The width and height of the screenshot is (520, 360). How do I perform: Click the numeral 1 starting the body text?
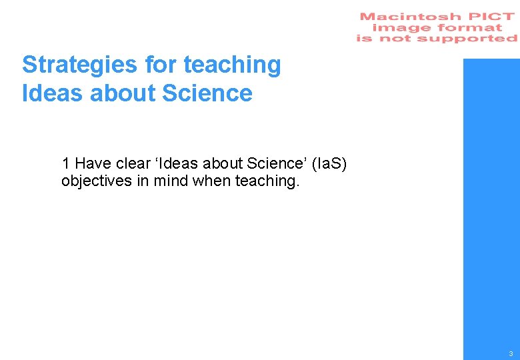[x=66, y=163]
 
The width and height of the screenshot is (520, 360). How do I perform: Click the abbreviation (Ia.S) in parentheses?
[x=324, y=163]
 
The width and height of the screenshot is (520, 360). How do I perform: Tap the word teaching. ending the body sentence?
[x=268, y=181]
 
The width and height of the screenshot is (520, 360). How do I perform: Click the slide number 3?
[x=510, y=353]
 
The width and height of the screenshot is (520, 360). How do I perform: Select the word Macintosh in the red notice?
[x=410, y=17]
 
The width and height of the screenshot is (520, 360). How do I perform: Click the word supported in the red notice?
[x=475, y=39]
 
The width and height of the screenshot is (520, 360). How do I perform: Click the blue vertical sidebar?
[x=491, y=200]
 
